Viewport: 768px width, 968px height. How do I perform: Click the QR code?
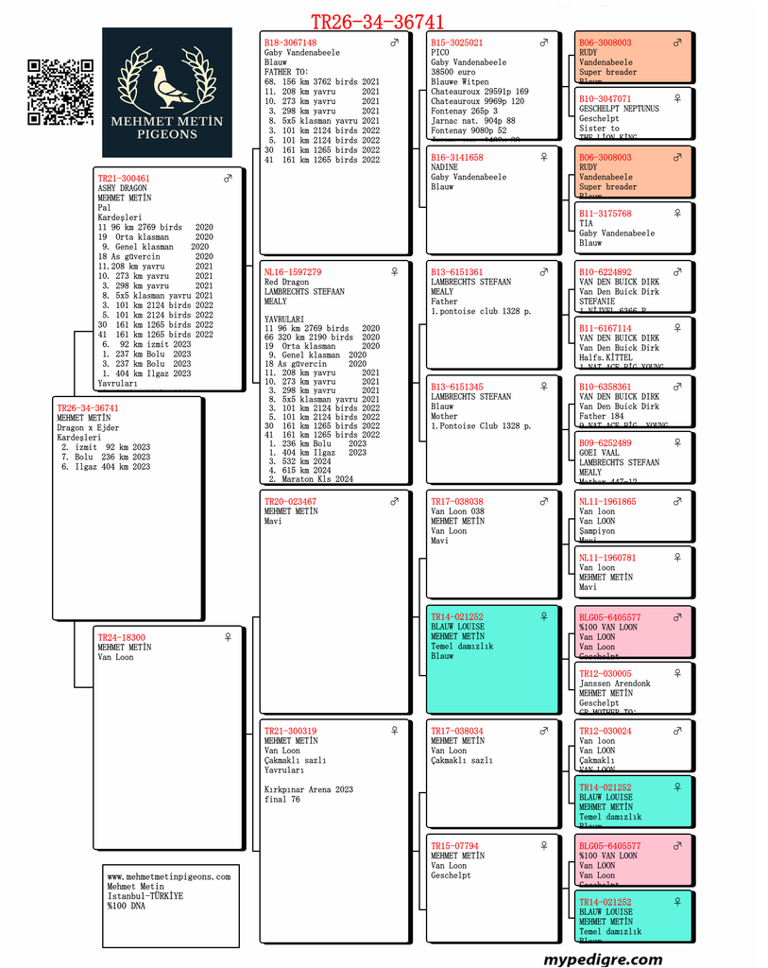[x=60, y=92]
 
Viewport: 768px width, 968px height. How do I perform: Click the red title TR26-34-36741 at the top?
[x=378, y=22]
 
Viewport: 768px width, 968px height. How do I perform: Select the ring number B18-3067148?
[x=290, y=43]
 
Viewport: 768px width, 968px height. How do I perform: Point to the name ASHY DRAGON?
[x=123, y=188]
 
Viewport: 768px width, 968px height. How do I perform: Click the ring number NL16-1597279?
[x=292, y=272]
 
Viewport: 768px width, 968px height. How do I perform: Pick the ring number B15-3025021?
[x=457, y=43]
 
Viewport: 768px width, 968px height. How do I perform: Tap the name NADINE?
[x=445, y=167]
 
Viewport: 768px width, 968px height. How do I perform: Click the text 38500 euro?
[x=454, y=72]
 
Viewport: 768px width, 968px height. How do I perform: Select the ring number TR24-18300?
[x=122, y=638]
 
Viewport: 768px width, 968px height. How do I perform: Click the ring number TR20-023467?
[x=290, y=502]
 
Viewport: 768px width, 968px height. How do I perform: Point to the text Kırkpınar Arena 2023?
[x=309, y=789]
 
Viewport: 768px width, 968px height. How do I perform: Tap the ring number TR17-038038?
[x=457, y=502]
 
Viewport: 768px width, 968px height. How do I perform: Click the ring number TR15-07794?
[x=454, y=846]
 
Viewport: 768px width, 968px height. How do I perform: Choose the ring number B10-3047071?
[x=606, y=99]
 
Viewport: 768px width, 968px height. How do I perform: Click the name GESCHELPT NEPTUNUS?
[x=619, y=109]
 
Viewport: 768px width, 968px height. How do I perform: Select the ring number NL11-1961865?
[x=607, y=502]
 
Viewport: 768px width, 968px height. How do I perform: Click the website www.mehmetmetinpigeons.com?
[x=168, y=877]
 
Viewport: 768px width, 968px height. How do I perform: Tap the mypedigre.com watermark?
[x=603, y=959]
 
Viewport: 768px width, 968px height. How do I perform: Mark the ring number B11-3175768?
[x=606, y=214]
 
